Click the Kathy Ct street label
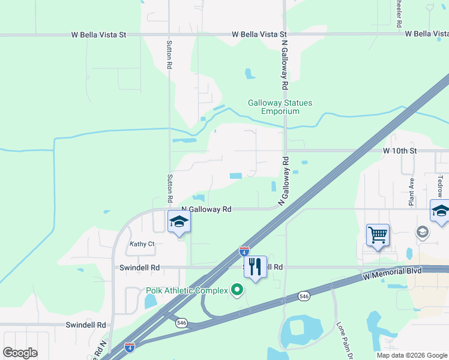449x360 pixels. [142, 244]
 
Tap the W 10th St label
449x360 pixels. [400, 151]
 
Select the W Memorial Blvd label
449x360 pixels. [393, 274]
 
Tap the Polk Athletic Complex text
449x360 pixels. [187, 291]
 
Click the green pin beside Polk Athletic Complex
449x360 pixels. [237, 290]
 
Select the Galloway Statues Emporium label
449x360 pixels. [280, 107]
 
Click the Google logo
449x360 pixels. [20, 353]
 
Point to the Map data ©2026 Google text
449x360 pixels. [411, 355]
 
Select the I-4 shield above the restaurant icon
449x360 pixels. [244, 250]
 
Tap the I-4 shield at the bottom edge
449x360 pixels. [129, 347]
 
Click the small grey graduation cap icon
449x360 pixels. [423, 232]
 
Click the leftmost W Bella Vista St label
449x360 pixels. [98, 35]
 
